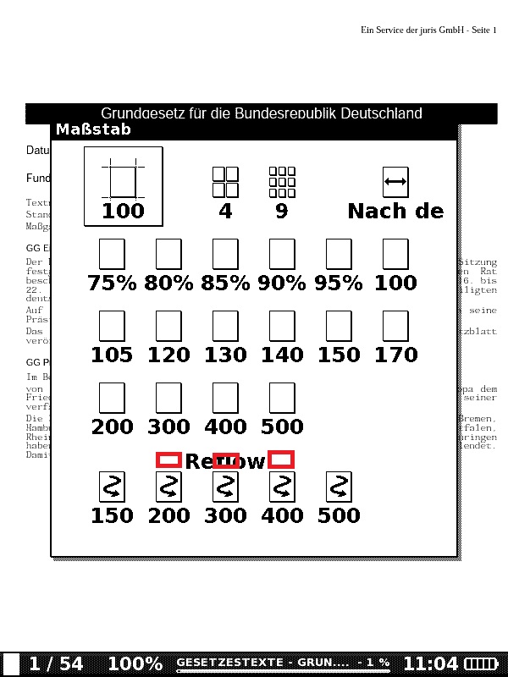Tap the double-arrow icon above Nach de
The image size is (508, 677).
(x=395, y=182)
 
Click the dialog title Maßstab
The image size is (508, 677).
(x=94, y=130)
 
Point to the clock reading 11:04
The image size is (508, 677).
(x=430, y=664)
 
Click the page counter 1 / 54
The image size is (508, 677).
(x=56, y=664)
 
